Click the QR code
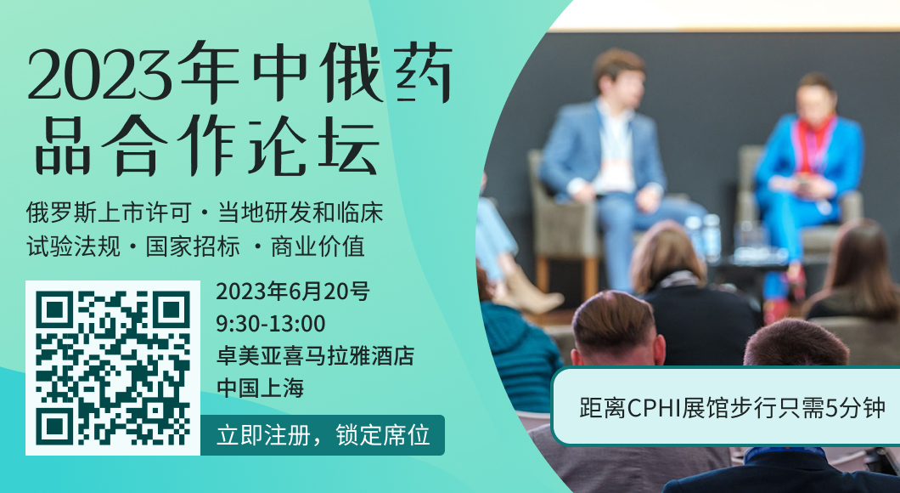pos(112,368)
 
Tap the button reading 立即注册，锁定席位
pos(322,435)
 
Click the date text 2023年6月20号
pos(293,292)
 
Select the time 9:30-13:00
pos(270,324)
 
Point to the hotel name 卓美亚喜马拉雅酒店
pos(315,355)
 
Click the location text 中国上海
pos(260,388)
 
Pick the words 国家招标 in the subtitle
pos(192,246)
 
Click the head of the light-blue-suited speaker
pos(619,76)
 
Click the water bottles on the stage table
pos(702,238)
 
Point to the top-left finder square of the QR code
pos(54,310)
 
